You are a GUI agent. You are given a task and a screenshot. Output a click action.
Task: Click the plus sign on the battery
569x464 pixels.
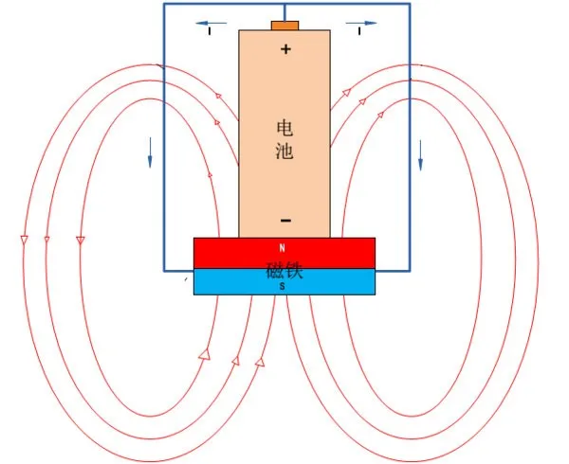coord(285,48)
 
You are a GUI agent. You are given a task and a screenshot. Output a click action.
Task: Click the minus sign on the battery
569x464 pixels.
coord(285,221)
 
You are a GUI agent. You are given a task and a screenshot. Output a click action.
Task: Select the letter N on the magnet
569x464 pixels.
coord(282,248)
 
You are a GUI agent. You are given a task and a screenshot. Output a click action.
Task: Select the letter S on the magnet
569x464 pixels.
coord(282,285)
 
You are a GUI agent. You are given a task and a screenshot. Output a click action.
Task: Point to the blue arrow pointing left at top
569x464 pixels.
coord(212,22)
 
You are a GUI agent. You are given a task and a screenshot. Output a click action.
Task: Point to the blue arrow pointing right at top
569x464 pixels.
coord(360,22)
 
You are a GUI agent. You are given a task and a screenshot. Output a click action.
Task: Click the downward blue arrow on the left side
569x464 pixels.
coord(150,152)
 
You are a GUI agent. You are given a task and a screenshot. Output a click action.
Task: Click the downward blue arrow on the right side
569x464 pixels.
coord(420,156)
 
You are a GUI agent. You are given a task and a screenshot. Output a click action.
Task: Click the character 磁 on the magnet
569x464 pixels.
coord(274,272)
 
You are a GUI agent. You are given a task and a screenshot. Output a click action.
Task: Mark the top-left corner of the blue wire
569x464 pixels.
coord(163,4)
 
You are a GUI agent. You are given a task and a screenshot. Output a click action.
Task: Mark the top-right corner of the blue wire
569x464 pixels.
coord(410,4)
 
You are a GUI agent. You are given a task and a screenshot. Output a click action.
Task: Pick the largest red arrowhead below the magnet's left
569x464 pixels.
coord(205,355)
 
